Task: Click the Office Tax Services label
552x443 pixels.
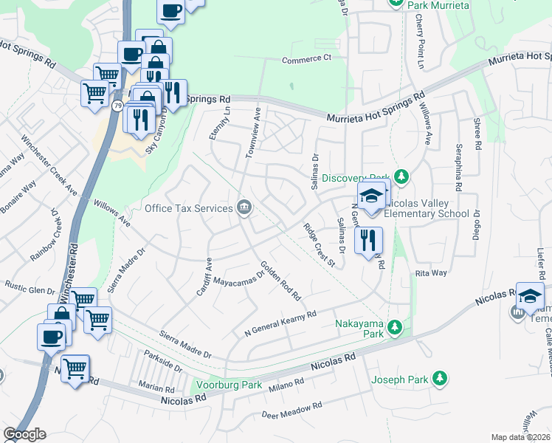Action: pyautogui.click(x=189, y=208)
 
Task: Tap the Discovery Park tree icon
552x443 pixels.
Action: pyautogui.click(x=401, y=176)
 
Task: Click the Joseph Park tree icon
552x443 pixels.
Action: pyautogui.click(x=440, y=379)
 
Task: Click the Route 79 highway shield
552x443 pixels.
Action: pyautogui.click(x=118, y=106)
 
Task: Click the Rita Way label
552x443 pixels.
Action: pyautogui.click(x=431, y=273)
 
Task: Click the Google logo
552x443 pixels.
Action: pyautogui.click(x=24, y=434)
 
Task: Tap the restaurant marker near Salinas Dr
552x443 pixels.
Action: pyautogui.click(x=368, y=240)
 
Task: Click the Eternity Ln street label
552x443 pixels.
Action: pyautogui.click(x=219, y=123)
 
